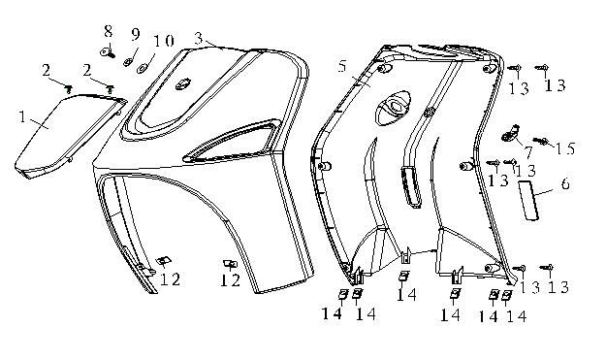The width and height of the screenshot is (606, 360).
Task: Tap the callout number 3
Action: (x=198, y=38)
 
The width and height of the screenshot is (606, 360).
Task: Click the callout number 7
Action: (x=529, y=153)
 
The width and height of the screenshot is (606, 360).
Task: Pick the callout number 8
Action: (x=109, y=31)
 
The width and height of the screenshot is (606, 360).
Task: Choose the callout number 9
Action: (x=135, y=35)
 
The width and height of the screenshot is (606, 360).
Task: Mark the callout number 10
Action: (x=163, y=41)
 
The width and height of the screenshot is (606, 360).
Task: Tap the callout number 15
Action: (x=565, y=147)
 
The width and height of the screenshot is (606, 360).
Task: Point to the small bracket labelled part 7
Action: (x=509, y=130)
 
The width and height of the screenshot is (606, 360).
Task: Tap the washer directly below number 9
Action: (x=127, y=60)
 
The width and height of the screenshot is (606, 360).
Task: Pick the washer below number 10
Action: (x=143, y=67)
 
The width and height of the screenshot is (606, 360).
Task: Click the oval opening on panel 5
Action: (x=395, y=106)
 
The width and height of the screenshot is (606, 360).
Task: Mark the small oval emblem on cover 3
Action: (x=183, y=86)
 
